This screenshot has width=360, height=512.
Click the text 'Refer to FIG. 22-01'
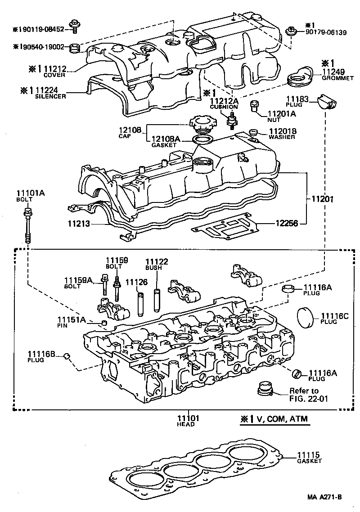304,394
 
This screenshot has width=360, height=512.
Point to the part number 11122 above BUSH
156,261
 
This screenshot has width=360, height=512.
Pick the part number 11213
78,223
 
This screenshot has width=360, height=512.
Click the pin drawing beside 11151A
103,322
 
